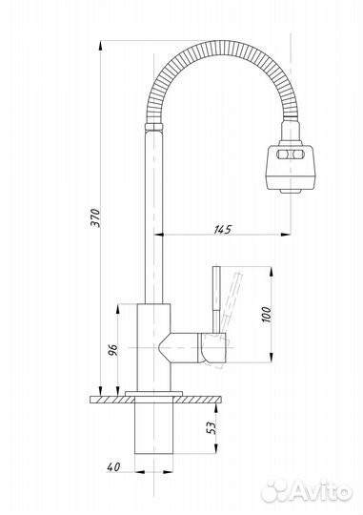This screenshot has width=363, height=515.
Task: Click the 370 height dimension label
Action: point(95,217)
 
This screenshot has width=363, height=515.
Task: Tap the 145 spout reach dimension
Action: point(223,229)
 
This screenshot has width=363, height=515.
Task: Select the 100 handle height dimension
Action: point(267,315)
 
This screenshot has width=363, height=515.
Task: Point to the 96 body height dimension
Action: point(112,350)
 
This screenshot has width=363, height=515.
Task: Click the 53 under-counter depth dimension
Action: point(212,427)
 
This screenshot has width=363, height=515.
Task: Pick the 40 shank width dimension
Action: point(113,466)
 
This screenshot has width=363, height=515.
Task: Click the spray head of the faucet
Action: point(290,168)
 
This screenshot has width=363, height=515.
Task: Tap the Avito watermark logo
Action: point(306,492)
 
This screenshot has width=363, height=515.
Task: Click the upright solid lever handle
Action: point(216,299)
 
